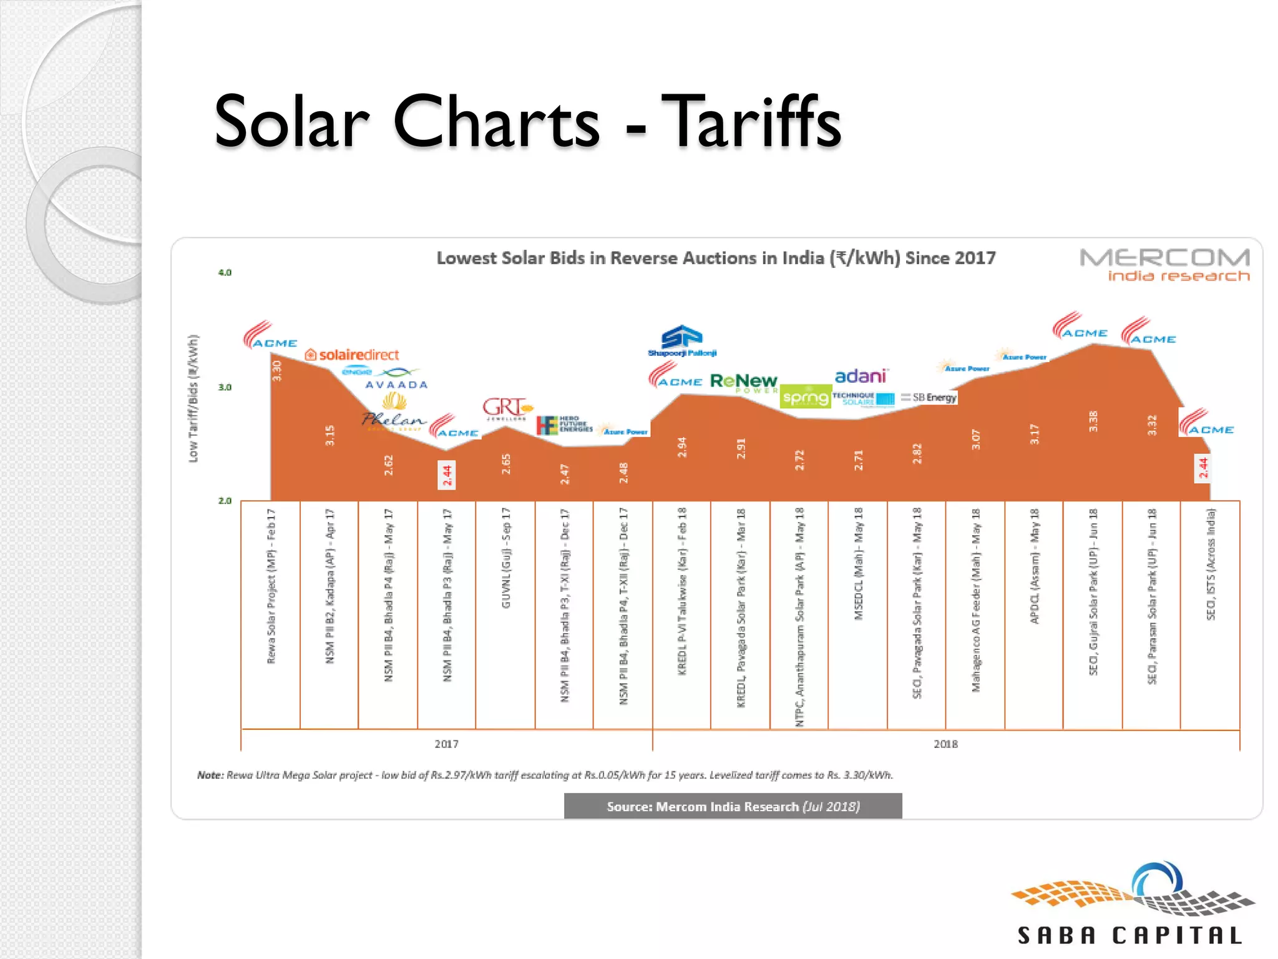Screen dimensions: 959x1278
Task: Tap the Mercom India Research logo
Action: click(1164, 265)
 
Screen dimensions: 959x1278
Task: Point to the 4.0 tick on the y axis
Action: click(225, 273)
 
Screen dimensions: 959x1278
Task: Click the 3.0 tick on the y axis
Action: click(225, 387)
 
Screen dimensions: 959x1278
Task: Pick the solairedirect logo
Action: click(352, 355)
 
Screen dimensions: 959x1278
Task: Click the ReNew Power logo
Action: click(743, 381)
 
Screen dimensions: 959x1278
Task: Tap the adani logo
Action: click(861, 376)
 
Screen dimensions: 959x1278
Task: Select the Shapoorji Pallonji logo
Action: click(682, 341)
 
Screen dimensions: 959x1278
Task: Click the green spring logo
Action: click(806, 397)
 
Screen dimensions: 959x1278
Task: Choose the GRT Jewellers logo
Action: click(507, 409)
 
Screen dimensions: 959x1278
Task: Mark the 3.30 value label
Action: click(277, 370)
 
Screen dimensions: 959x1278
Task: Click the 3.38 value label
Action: click(1093, 421)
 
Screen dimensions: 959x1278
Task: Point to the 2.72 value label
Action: click(799, 460)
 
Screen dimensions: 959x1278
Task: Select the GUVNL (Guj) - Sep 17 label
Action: click(506, 558)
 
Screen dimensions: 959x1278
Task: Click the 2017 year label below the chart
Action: click(446, 744)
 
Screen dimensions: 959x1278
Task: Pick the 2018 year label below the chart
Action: click(945, 744)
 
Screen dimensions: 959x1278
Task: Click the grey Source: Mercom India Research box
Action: click(733, 806)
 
